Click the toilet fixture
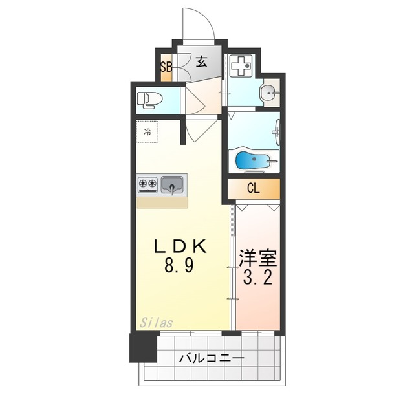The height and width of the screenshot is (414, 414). (149, 100)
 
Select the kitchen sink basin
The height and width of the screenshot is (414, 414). (172, 186)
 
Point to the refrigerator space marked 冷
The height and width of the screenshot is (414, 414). (147, 133)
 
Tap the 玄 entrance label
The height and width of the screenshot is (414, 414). (201, 63)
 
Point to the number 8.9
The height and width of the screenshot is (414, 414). (179, 266)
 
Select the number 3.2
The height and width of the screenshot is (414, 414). (259, 280)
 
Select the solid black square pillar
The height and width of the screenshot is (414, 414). (143, 347)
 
